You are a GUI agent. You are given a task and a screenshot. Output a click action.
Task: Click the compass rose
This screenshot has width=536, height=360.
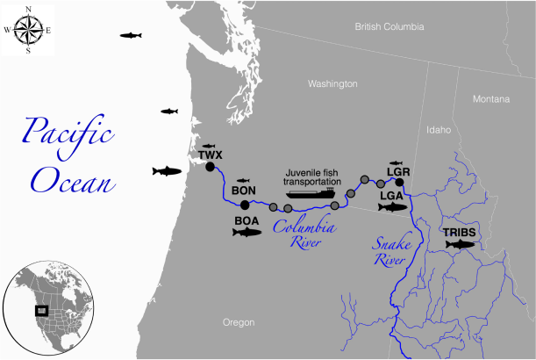[x=28, y=32]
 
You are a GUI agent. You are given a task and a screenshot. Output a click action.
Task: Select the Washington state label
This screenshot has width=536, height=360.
[x=332, y=84]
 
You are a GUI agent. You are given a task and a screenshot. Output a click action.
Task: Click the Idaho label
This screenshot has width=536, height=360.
[x=439, y=129]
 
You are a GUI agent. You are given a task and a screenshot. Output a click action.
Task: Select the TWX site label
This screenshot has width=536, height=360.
[x=211, y=155]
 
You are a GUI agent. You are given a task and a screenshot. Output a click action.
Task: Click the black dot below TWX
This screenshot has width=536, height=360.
[x=211, y=167]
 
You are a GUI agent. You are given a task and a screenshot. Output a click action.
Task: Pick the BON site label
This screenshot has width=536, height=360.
[x=244, y=191]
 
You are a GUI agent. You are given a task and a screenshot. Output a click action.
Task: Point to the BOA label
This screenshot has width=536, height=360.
[x=247, y=220]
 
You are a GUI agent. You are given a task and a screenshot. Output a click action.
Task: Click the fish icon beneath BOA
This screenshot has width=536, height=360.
[x=247, y=233]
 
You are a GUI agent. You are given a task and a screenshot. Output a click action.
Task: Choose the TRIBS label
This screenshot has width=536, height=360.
[x=460, y=232]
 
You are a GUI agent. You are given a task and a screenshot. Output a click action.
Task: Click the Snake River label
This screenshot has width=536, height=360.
[x=383, y=249]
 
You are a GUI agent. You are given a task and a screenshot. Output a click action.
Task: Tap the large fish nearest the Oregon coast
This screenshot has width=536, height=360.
[x=167, y=170]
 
